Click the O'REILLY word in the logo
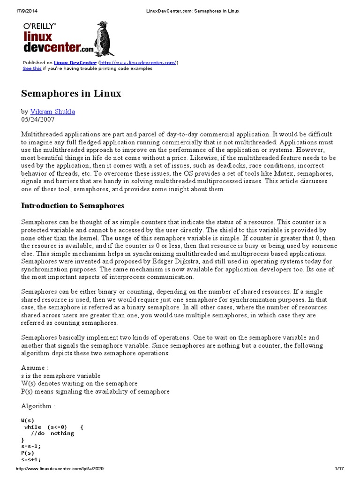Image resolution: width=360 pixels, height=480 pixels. (x=40, y=27)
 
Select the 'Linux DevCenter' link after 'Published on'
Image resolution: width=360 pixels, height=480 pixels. (x=75, y=62)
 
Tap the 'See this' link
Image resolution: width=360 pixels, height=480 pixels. (x=32, y=68)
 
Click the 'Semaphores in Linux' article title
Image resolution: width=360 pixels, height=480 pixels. (x=71, y=93)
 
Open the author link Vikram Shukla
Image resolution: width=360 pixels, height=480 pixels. (x=52, y=112)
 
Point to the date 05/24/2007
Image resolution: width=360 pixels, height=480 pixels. (x=38, y=120)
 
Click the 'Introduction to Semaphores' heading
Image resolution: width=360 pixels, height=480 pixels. (x=73, y=205)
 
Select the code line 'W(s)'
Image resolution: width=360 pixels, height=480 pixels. (x=28, y=420)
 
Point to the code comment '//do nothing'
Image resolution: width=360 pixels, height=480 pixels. (x=52, y=434)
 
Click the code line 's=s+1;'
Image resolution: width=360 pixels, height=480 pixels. (x=31, y=460)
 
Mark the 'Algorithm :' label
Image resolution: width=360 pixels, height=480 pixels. (x=38, y=406)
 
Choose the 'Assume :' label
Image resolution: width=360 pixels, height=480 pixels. (x=35, y=367)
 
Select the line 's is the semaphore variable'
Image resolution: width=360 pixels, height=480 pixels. (x=60, y=375)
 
